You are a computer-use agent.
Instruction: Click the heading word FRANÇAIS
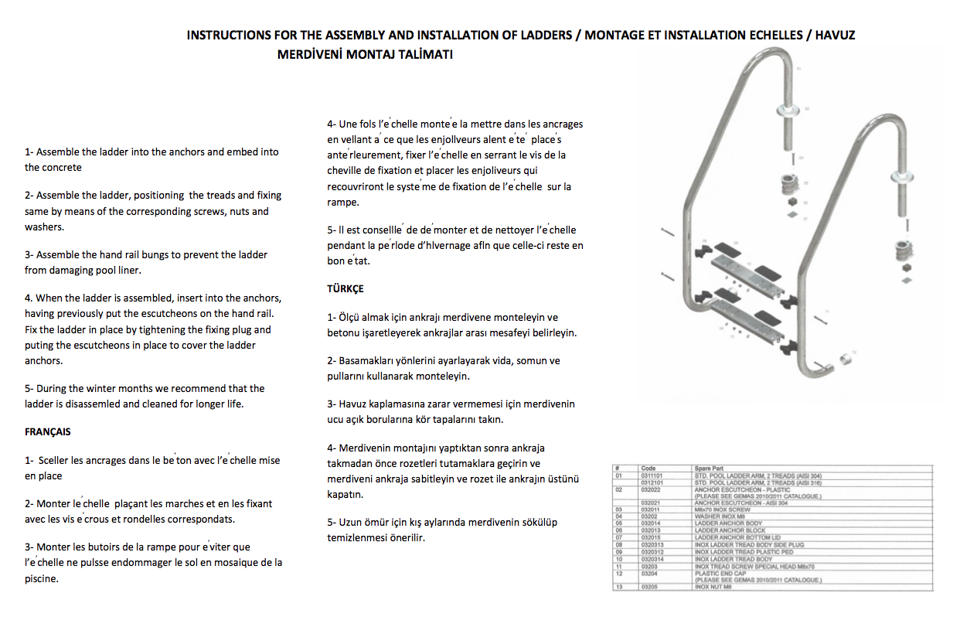click(48, 432)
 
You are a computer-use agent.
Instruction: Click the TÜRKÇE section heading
click(346, 288)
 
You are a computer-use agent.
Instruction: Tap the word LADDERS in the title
click(538, 36)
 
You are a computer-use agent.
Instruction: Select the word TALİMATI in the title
click(424, 55)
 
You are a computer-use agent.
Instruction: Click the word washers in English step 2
click(44, 227)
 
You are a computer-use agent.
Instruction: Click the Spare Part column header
click(709, 469)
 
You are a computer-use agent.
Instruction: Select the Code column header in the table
click(649, 469)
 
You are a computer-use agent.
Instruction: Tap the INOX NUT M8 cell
click(713, 588)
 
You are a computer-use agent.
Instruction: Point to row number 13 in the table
click(618, 588)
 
